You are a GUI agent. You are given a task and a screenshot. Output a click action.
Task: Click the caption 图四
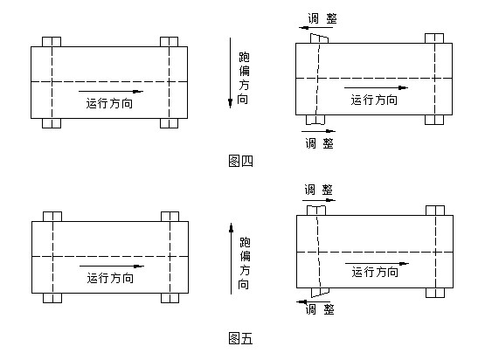click(240, 161)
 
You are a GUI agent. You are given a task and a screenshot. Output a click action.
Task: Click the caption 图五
click(240, 338)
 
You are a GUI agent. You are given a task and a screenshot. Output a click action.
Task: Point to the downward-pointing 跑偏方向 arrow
click(230, 73)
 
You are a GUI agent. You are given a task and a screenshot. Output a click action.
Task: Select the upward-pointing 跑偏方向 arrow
click(231, 259)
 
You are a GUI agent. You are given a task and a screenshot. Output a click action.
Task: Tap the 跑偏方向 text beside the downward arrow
click(244, 79)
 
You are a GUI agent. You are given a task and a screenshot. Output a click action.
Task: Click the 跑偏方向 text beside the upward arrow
click(245, 263)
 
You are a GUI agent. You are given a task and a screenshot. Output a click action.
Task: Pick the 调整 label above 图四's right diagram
click(322, 18)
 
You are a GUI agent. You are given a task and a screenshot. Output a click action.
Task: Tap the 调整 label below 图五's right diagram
click(320, 309)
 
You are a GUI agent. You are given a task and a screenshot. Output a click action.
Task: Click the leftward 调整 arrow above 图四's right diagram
click(315, 28)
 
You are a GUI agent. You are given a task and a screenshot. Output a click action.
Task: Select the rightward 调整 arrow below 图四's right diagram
click(319, 131)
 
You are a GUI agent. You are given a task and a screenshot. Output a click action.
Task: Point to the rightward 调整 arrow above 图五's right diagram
click(319, 200)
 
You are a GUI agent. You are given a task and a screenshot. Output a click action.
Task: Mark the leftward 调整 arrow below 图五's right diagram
click(314, 301)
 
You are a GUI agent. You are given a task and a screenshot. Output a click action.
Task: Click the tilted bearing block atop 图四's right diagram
click(320, 38)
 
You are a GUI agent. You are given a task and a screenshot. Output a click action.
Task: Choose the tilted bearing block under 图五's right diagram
click(320, 292)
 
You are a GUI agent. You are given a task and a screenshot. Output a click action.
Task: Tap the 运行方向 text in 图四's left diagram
click(109, 103)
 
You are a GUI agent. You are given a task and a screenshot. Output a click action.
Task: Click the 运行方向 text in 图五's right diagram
click(375, 272)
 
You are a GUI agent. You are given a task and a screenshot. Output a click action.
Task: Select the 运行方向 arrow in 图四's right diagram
click(376, 88)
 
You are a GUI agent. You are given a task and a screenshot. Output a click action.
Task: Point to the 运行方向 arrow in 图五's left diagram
click(112, 266)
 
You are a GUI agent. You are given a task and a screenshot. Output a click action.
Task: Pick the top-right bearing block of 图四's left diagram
click(169, 42)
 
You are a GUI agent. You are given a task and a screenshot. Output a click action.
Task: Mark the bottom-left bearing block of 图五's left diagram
click(52, 298)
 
